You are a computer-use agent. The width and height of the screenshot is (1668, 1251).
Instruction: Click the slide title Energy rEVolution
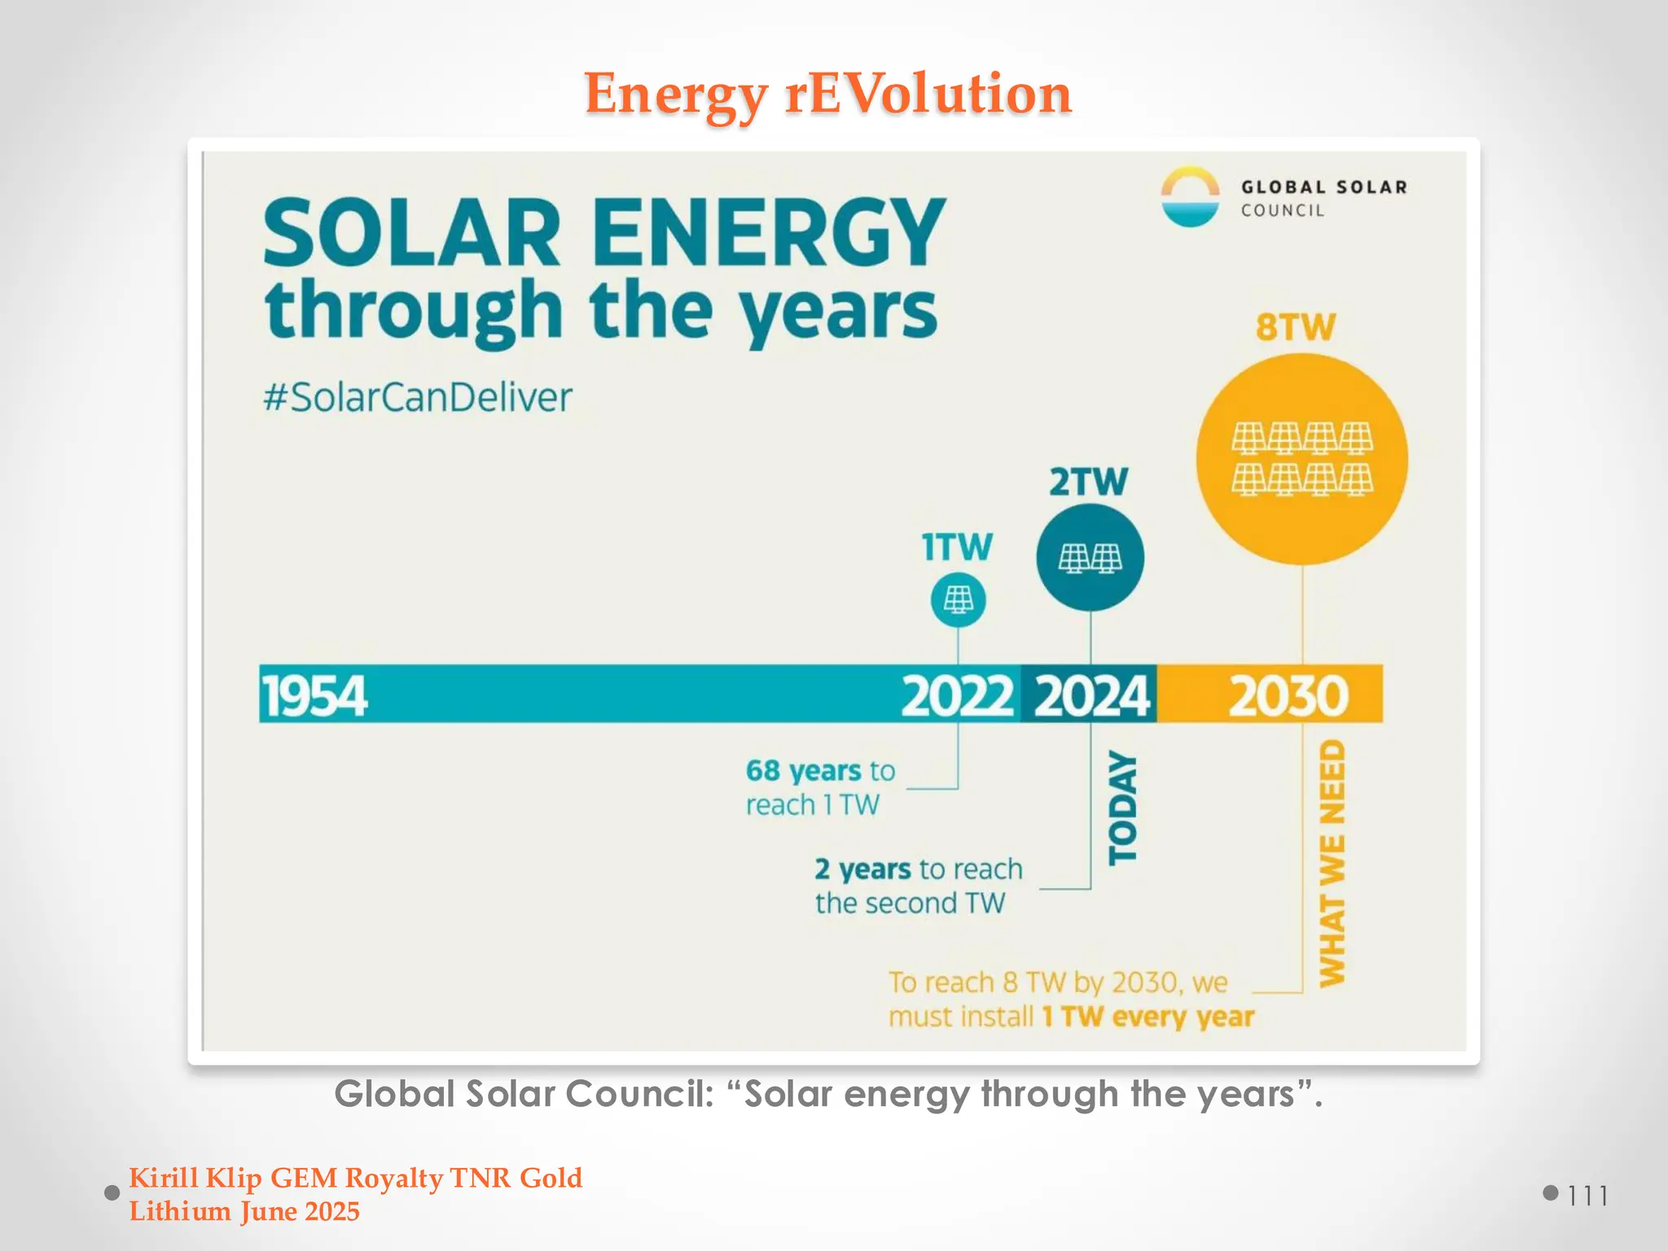tap(827, 94)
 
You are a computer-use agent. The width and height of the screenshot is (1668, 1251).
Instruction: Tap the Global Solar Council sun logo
tap(1190, 197)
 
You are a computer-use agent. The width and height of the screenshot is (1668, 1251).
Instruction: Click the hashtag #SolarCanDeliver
tap(417, 397)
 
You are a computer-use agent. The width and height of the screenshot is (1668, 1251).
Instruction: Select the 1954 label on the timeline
tap(314, 697)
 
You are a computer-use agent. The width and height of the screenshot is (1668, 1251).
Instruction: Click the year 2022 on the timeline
tap(957, 697)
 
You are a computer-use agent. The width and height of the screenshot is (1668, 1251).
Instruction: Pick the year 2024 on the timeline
tap(1091, 697)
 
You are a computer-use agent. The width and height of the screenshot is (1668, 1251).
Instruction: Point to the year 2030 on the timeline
tap(1288, 697)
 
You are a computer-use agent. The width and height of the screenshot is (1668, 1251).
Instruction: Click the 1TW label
tap(957, 547)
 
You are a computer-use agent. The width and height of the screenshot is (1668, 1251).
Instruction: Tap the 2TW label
tap(1088, 482)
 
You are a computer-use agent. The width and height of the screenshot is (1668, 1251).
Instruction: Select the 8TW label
tap(1295, 327)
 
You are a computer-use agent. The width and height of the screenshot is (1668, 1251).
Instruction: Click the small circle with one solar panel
tap(958, 601)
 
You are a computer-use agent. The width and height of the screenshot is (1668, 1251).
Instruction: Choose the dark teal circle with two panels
tap(1090, 558)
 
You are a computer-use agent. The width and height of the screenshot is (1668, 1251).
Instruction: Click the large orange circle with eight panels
tap(1301, 459)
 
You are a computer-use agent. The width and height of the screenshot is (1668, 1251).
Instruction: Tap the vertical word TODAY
tap(1122, 807)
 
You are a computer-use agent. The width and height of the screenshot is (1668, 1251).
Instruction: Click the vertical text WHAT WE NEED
tap(1332, 863)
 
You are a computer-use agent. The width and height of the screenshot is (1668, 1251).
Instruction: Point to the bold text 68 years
tap(803, 770)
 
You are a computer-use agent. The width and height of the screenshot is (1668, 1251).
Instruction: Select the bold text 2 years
tap(863, 870)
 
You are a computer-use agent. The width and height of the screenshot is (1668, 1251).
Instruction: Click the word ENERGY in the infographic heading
tap(768, 234)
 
